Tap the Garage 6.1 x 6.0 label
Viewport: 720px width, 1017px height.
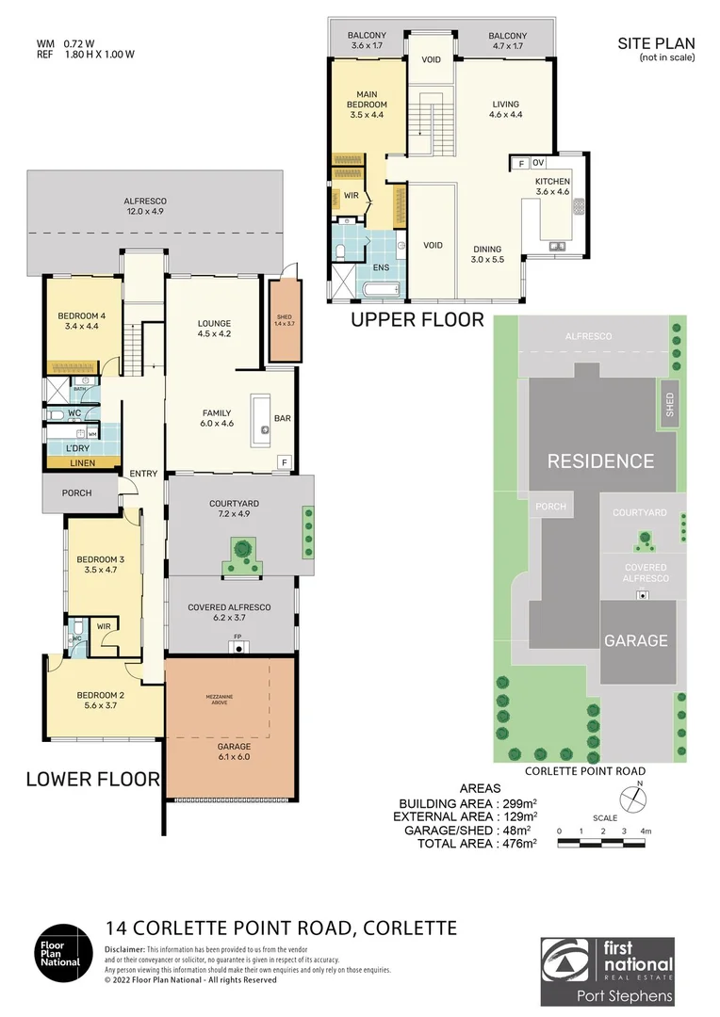234,751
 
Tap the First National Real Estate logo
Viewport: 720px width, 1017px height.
607,971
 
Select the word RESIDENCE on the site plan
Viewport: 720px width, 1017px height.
600,460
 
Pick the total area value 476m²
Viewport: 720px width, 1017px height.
510,844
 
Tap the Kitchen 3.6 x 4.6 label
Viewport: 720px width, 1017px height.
553,186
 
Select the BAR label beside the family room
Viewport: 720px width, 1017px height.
282,417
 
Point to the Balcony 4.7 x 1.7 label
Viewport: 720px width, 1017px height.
508,40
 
